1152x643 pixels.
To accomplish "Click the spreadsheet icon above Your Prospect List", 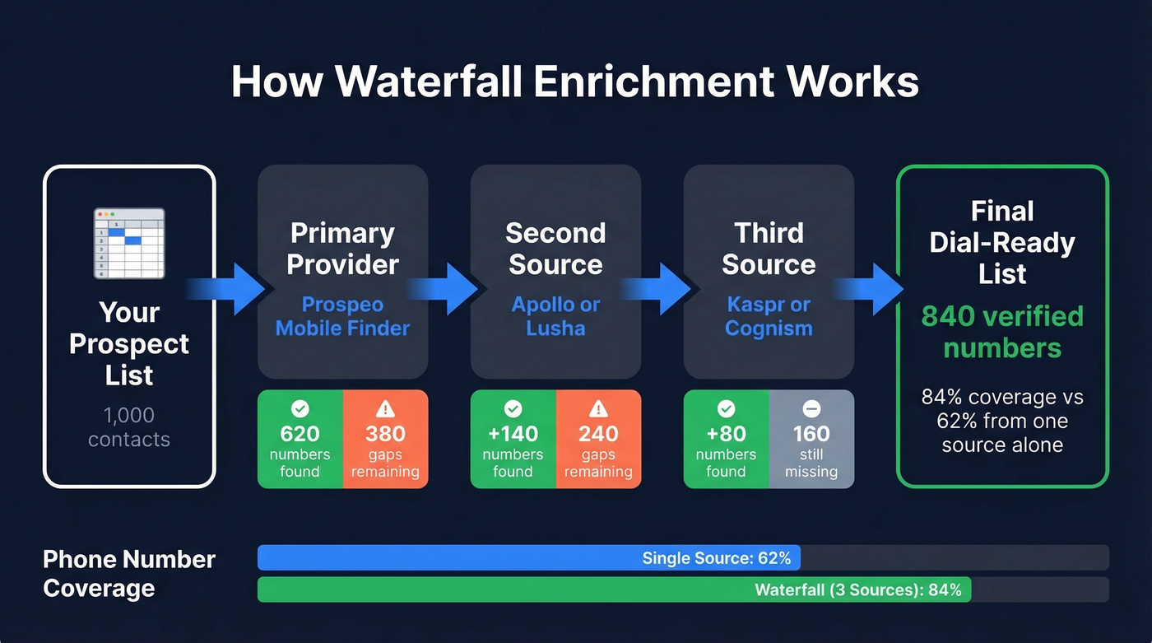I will tap(129, 244).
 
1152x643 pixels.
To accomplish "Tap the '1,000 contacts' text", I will tap(129, 427).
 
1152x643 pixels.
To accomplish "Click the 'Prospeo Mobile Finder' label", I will tap(342, 316).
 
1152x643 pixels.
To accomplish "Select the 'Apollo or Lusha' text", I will tap(555, 316).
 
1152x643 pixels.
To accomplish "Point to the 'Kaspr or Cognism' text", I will tap(769, 316).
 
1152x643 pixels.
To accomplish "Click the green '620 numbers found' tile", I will tap(300, 440).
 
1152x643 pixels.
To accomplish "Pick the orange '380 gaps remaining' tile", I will tap(385, 440).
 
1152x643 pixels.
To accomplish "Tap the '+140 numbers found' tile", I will tap(513, 440).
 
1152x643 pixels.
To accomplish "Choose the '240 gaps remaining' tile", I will tap(598, 440).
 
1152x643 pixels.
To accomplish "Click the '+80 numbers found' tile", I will tap(726, 440).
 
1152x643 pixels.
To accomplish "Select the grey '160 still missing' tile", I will tap(811, 440).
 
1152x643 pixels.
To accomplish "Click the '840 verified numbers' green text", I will tap(1002, 332).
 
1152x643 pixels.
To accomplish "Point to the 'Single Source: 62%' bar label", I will tap(716, 558).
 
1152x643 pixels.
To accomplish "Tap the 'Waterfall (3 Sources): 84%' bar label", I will tap(857, 590).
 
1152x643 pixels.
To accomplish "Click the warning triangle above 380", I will tap(385, 408).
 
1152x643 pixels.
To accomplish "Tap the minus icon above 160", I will tap(811, 408).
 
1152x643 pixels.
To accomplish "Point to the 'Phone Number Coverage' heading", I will tap(129, 574).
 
